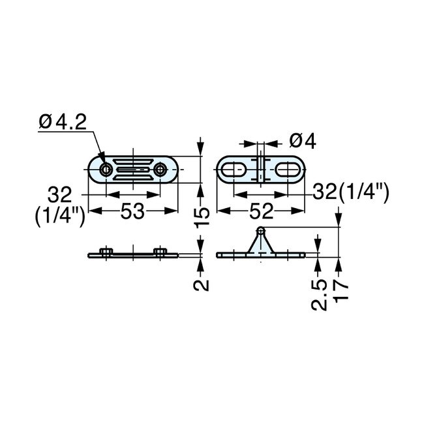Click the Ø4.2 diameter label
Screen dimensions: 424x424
click(x=63, y=121)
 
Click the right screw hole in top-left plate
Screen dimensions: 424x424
click(x=161, y=170)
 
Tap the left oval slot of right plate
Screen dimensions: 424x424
click(x=234, y=170)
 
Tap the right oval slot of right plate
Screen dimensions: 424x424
click(x=288, y=170)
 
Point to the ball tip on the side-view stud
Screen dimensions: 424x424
click(x=261, y=230)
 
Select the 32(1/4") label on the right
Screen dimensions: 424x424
click(x=350, y=192)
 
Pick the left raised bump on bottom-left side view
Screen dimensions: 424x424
click(x=106, y=250)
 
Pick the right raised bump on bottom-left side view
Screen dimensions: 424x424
click(x=160, y=250)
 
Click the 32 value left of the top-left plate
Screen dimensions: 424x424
click(x=61, y=194)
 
